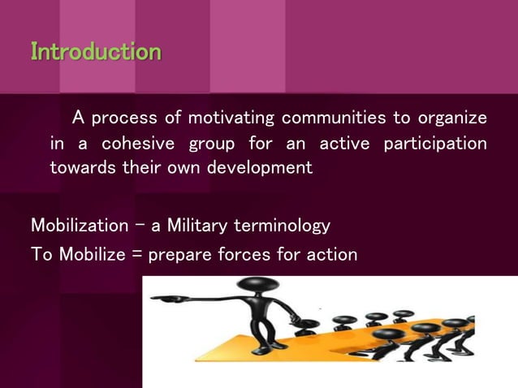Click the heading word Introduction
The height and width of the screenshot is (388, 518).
[x=96, y=52]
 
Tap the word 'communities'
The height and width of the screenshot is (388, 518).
[x=334, y=118]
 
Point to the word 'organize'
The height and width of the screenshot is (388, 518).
[x=452, y=118]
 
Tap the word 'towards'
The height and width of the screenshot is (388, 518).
[x=80, y=170]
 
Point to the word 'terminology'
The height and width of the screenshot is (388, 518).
[x=282, y=225]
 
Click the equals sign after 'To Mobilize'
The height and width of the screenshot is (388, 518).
[x=136, y=255]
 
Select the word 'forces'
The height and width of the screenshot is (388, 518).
[x=247, y=254]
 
